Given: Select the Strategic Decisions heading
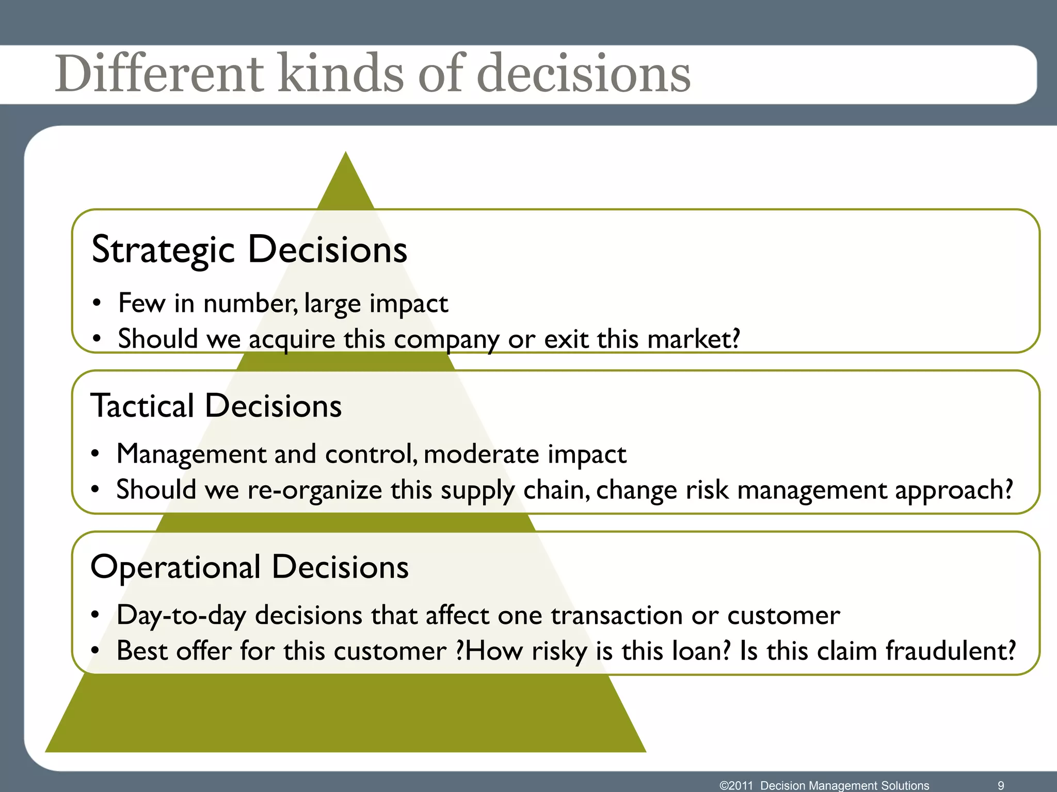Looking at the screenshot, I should (249, 250).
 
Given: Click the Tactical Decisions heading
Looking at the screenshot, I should (216, 406).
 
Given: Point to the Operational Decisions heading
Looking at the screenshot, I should (249, 567).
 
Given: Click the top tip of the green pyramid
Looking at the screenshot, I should (346, 155).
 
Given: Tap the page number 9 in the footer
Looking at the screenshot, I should (1001, 785).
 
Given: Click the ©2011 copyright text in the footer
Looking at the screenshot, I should (736, 785).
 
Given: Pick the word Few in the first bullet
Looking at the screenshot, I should (141, 303).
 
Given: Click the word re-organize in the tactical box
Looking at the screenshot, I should (314, 490).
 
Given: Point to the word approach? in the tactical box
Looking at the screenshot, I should (954, 491).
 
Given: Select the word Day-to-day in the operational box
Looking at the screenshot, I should (181, 616).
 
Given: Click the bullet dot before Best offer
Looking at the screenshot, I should (95, 651).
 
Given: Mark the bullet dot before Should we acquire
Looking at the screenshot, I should (97, 340).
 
